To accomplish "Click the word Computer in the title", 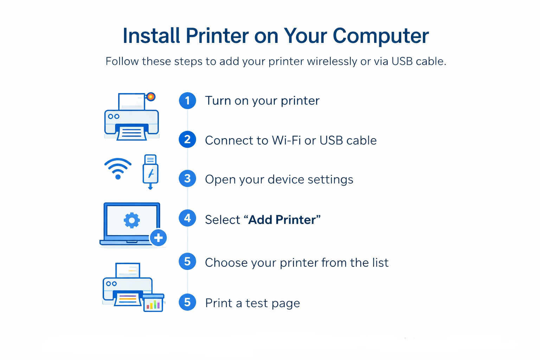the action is [381, 36].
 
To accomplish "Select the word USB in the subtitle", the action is [402, 61].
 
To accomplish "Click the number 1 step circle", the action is [187, 101].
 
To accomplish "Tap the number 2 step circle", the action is [187, 139].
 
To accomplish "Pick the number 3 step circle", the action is [187, 179].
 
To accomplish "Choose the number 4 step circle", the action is [187, 218].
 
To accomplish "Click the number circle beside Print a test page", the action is [187, 302].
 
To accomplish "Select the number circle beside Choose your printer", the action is [187, 261].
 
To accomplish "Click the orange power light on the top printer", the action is [151, 97].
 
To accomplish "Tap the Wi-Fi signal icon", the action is [118, 169].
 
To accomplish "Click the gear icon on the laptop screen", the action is [131, 220].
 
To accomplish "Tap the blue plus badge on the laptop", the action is [159, 238].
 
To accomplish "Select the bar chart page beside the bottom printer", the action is [154, 303].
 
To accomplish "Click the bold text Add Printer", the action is [282, 220].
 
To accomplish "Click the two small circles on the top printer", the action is [114, 117].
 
